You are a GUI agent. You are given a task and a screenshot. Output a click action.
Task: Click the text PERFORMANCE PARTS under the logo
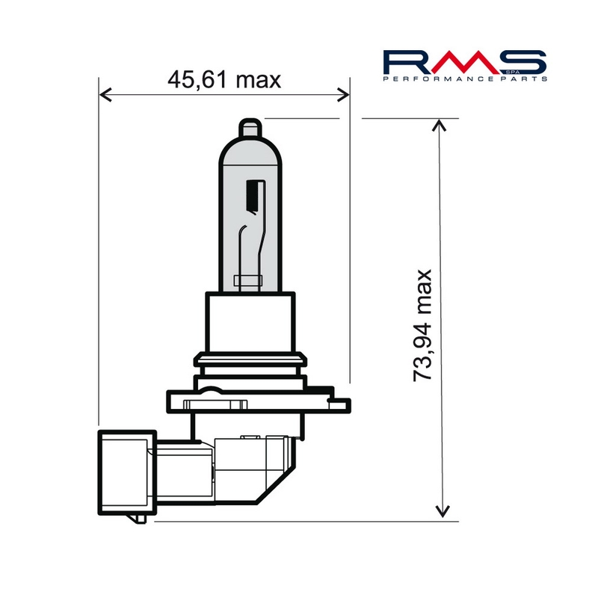coord(465,78)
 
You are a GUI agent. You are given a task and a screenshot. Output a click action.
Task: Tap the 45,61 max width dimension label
coord(224,79)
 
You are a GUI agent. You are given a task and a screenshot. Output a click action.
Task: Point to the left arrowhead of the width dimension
coord(105,94)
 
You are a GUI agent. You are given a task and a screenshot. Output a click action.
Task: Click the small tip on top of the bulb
coord(251,128)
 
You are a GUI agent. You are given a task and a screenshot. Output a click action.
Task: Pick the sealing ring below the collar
coord(250,364)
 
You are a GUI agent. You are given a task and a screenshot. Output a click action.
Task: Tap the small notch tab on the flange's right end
coord(342,404)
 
